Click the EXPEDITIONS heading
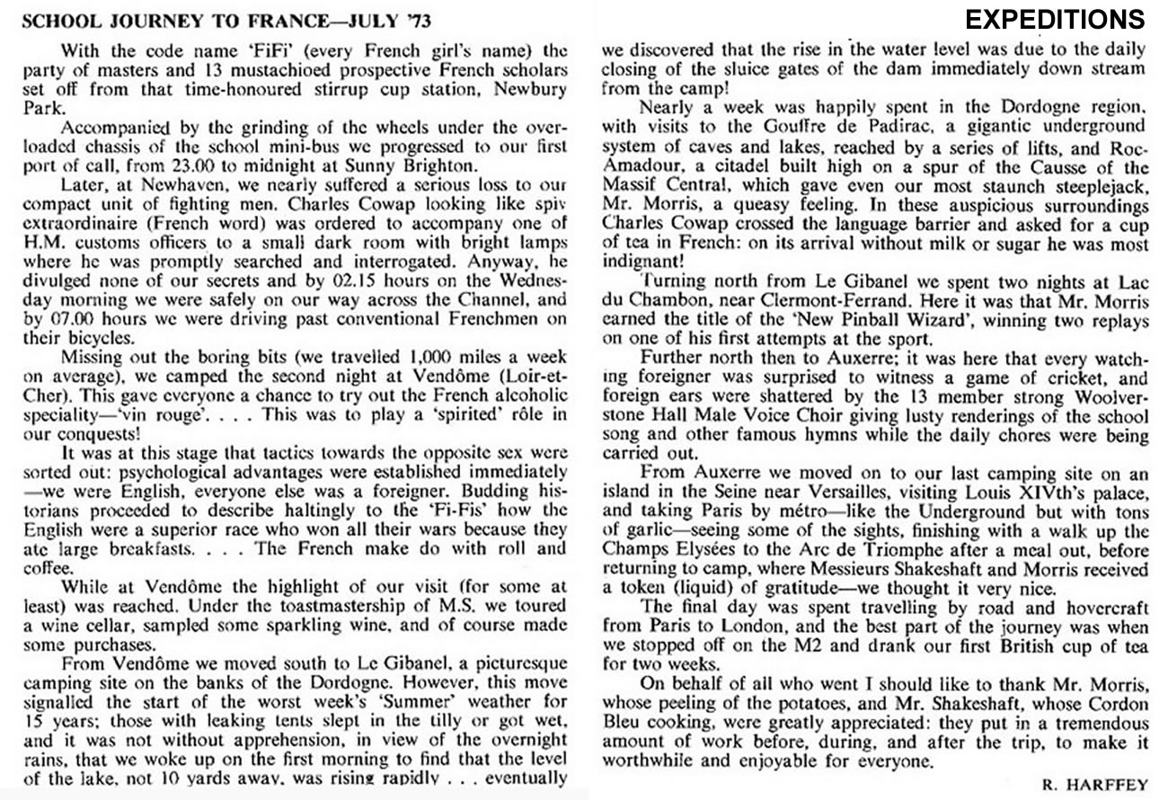pyautogui.click(x=1055, y=19)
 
